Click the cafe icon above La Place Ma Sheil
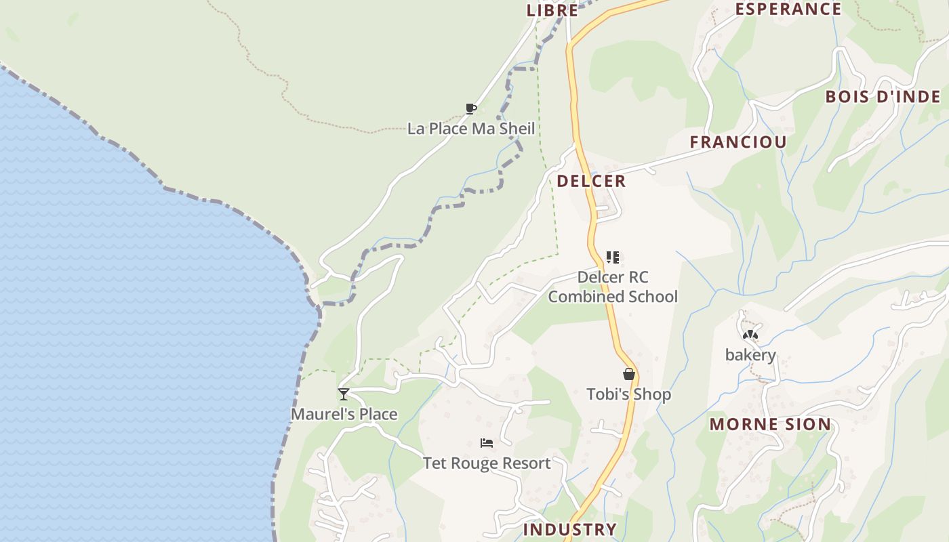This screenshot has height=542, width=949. point(471,108)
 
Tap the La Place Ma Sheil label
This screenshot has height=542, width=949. point(471,128)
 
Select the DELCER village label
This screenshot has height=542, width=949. point(591,181)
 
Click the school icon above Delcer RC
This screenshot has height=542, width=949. point(612,257)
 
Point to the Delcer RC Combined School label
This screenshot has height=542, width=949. point(613,287)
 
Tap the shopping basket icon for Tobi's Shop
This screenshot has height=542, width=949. point(629,374)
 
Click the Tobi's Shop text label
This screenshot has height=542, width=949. point(628,394)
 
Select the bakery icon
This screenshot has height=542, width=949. point(750,335)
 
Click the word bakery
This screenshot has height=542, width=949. point(750,355)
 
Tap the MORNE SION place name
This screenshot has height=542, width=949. point(770,425)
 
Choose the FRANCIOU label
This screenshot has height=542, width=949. point(738,142)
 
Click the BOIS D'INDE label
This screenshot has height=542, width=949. point(883,97)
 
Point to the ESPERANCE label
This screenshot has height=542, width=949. point(788,9)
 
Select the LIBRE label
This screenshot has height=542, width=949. point(552,10)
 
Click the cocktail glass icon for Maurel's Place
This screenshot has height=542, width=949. point(344,394)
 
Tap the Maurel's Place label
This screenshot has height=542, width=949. point(344,414)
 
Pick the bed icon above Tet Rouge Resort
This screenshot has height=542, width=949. point(487,443)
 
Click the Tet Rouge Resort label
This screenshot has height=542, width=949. point(487,463)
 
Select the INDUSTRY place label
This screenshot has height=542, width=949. point(569,529)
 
